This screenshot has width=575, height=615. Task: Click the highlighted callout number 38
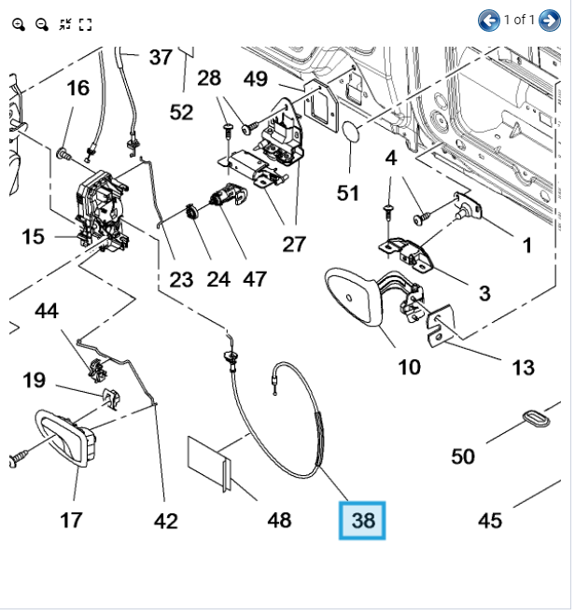coord(362,520)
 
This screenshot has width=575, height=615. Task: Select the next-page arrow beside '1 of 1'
coord(549,20)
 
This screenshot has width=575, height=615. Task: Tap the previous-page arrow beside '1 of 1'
coord(488,20)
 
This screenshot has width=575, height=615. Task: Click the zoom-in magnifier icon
coord(19,24)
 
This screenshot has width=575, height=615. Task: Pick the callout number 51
coord(348,193)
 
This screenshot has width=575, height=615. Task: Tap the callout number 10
coord(409,367)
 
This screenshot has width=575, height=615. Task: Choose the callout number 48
coord(279,520)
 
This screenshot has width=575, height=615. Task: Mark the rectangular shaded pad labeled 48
coord(208,459)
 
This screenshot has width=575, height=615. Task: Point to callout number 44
coord(47,312)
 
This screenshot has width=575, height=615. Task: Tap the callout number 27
coord(294,245)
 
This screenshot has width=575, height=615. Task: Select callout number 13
coord(523,367)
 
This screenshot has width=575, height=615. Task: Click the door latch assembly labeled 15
coord(101,210)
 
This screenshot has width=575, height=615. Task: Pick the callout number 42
coord(165,521)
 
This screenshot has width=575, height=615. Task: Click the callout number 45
coord(490,521)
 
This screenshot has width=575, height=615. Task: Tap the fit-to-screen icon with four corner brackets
coord(85,24)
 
